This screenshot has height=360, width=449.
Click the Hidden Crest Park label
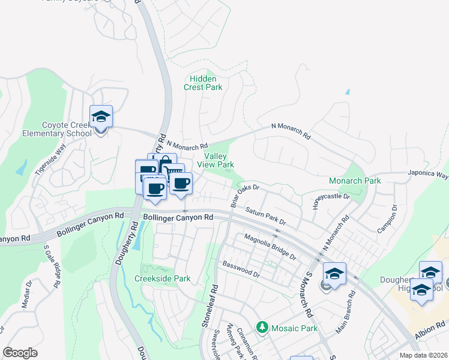(206, 83)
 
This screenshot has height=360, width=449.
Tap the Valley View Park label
(215, 160)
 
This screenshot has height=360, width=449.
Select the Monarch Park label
(355, 181)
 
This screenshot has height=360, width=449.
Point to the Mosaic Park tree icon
(262, 328)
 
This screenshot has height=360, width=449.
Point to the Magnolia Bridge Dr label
(270, 247)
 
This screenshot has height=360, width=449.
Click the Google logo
(20, 353)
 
